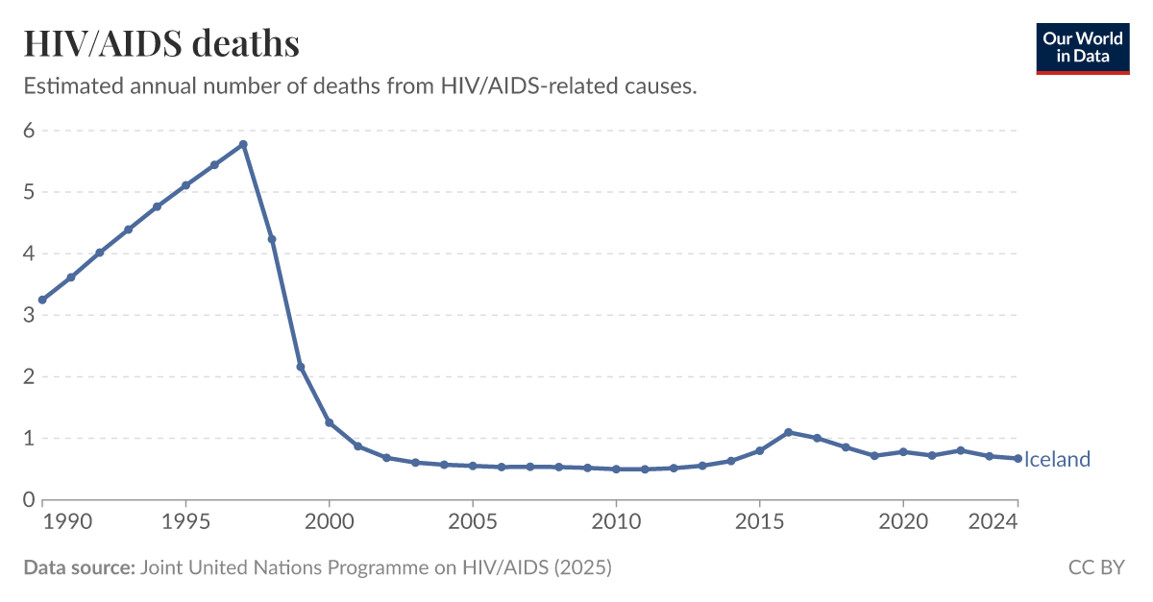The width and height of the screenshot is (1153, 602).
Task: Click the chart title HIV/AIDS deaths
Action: (161, 44)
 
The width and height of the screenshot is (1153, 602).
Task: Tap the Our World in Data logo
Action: (1083, 47)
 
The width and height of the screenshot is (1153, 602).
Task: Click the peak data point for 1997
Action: (243, 144)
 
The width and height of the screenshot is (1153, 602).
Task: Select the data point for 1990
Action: (42, 300)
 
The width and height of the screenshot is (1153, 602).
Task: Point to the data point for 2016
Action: (788, 432)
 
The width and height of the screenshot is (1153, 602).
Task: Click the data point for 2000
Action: (330, 422)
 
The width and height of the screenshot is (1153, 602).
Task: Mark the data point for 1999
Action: (301, 367)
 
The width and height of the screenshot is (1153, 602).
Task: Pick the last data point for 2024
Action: (1018, 458)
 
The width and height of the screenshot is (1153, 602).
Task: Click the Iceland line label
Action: (1057, 460)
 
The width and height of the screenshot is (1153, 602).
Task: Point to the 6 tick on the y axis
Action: (30, 131)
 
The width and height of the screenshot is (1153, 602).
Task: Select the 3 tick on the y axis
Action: (30, 315)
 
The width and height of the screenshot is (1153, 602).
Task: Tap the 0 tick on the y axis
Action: (30, 499)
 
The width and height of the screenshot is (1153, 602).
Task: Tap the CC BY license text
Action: (1096, 567)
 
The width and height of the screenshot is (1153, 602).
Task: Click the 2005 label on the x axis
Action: (473, 522)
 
